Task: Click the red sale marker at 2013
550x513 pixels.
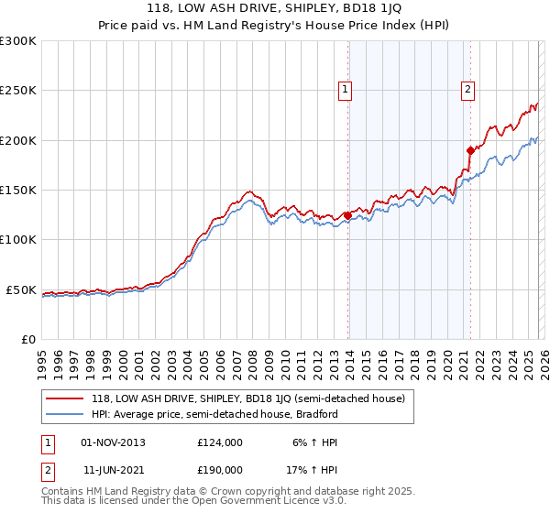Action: coord(347,216)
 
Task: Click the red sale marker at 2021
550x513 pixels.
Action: coord(470,150)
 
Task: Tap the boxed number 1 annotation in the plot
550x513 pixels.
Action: coord(345,89)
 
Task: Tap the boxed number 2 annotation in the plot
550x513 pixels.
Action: coord(467,89)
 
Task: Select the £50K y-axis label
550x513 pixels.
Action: coord(22,289)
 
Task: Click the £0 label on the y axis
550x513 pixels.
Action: coord(29,339)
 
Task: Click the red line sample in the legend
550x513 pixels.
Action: coord(64,398)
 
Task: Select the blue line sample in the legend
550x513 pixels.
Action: coord(64,414)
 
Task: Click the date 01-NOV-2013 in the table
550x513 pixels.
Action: coord(113,442)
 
